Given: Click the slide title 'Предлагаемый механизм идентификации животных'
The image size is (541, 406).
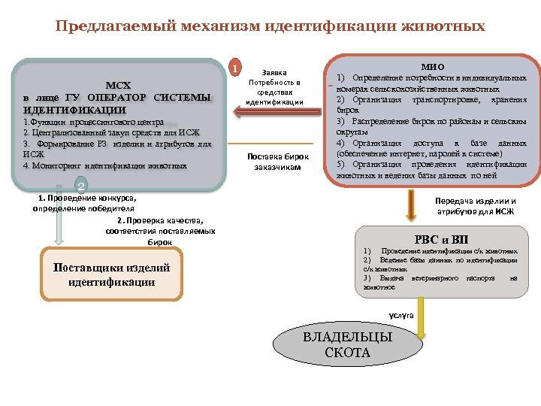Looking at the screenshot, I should (x=270, y=26).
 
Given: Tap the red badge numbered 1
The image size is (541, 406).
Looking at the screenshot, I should (x=236, y=68).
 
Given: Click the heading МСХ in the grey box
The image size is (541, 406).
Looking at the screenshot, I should (x=118, y=84).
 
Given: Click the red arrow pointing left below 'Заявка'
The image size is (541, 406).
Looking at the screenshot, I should (x=271, y=113).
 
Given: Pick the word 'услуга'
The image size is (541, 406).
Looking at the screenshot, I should (x=400, y=316).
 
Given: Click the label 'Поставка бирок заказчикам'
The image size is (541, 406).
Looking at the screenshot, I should (x=274, y=162).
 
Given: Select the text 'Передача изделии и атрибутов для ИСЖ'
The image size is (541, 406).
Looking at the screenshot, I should (x=476, y=206).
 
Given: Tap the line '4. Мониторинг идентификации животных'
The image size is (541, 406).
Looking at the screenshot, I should (x=105, y=165).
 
